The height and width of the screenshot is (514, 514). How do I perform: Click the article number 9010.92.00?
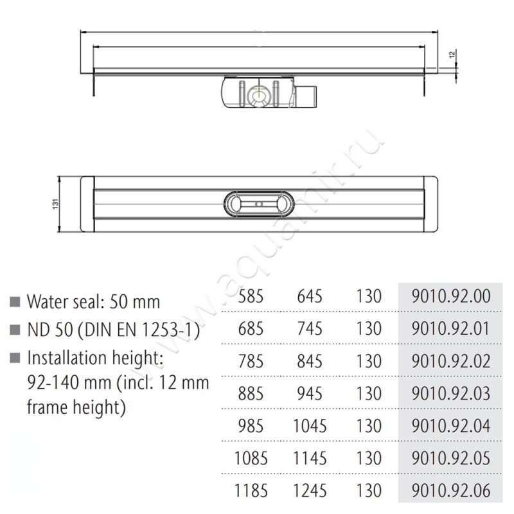pos(453,297)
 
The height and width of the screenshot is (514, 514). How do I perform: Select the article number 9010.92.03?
pos(453,393)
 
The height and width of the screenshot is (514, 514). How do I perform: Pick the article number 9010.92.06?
pos(453,491)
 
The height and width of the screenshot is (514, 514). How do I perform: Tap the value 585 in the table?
pos(251,297)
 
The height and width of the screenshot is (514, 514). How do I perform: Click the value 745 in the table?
pos(310,329)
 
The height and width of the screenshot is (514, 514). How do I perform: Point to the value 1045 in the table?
pos(310,425)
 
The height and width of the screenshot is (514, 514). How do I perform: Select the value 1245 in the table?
pos(310,491)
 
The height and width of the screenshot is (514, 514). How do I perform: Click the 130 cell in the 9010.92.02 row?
pos(368,361)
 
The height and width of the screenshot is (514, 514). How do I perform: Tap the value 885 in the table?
pos(251,393)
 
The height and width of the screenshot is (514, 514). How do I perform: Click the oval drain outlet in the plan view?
pos(259,205)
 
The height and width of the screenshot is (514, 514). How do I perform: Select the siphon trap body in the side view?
pos(260,94)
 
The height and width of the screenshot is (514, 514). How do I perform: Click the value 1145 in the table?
pos(310,458)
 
